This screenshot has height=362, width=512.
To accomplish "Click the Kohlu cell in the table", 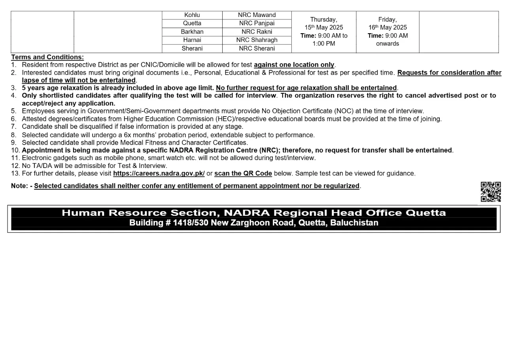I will (192, 15).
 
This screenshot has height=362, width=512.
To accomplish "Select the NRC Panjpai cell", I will (257, 23).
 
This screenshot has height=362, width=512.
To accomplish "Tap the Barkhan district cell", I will (192, 32).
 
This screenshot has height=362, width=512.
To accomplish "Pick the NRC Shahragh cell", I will (257, 40).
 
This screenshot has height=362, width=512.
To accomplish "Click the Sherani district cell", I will (192, 49).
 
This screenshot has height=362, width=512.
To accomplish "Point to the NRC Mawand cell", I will (257, 15).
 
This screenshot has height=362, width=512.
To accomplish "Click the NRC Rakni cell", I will (257, 32).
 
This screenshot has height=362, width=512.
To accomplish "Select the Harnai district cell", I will (192, 40).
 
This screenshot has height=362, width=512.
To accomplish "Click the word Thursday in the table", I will (323, 19).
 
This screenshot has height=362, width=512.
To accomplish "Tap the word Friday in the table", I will (387, 19).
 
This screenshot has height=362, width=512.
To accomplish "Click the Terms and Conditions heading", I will (47, 57).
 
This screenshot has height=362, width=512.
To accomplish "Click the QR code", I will (491, 192).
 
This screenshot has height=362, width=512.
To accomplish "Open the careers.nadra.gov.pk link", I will (159, 173).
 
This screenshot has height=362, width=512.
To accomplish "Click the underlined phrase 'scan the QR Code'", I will (243, 173).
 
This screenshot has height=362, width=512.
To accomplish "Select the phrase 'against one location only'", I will (294, 65).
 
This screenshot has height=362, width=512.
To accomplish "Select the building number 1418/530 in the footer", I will (190, 223).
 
